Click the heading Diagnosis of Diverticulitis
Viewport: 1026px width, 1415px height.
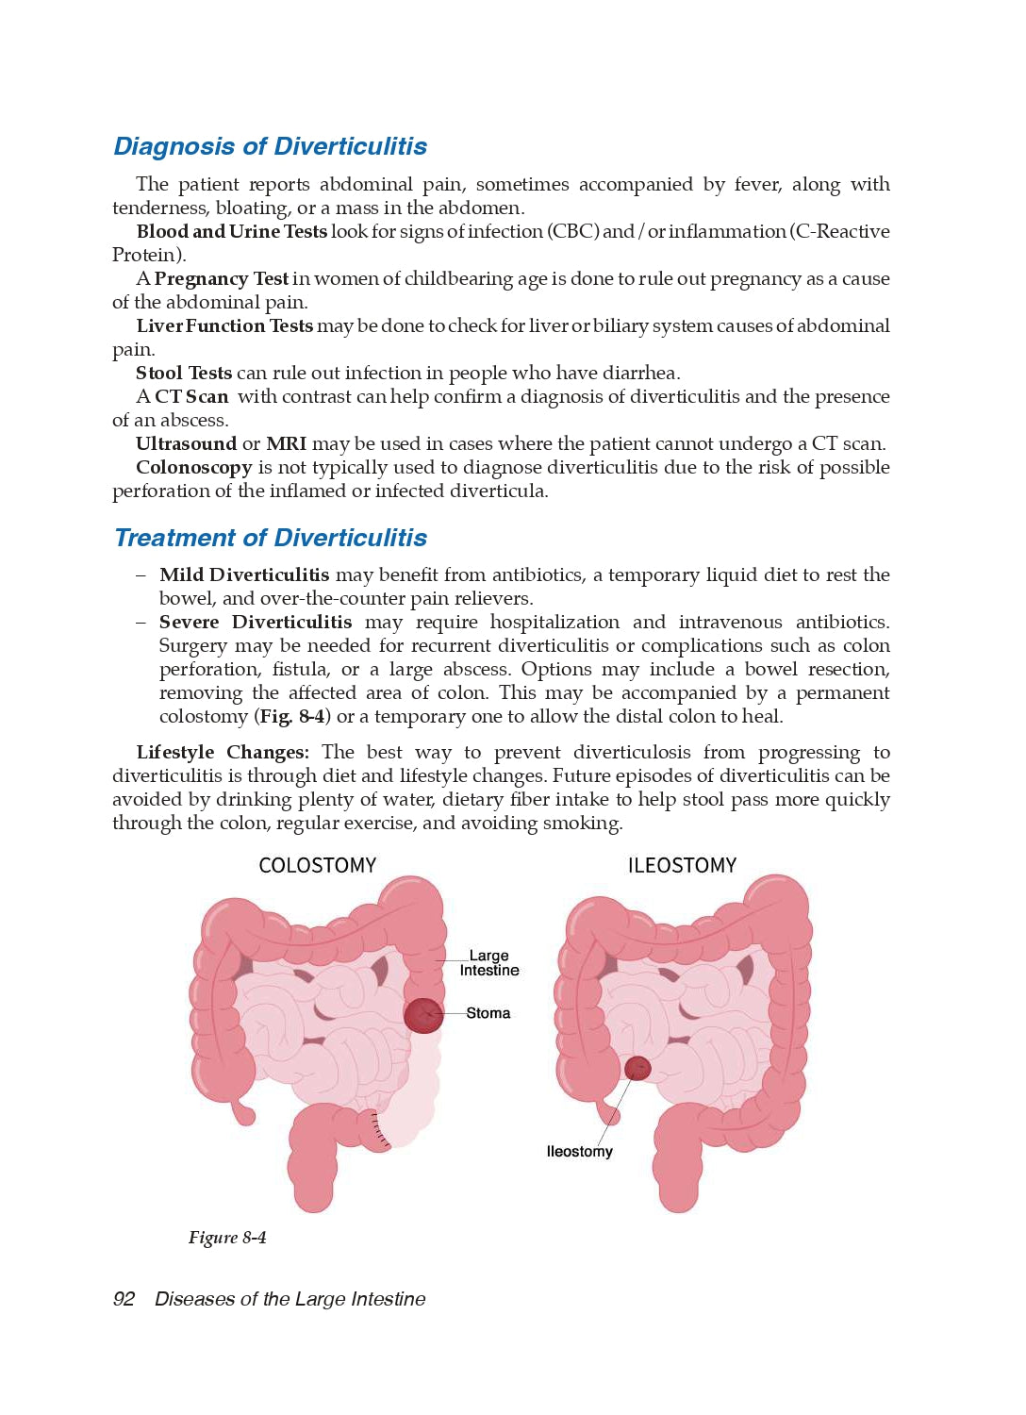click(270, 146)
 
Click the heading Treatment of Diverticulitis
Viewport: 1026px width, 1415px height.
click(270, 538)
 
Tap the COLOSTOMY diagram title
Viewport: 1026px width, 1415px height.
click(317, 865)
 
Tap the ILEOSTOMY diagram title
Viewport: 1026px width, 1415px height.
click(682, 865)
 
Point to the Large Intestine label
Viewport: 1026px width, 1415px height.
click(488, 963)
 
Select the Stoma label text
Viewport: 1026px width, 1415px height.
click(488, 1013)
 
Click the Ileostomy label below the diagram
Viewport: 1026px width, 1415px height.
click(579, 1152)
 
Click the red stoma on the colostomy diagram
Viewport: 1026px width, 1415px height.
click(423, 1015)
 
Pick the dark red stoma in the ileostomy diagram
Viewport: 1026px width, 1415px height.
click(637, 1068)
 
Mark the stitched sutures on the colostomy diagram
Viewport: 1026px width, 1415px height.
click(380, 1130)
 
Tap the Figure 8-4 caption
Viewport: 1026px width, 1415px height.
click(227, 1238)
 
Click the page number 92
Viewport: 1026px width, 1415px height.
click(124, 1299)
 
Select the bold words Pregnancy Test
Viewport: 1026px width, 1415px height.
click(221, 278)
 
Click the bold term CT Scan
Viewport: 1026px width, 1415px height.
click(191, 396)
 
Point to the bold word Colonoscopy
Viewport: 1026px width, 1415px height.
click(193, 467)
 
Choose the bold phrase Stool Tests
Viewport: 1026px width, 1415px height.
click(183, 373)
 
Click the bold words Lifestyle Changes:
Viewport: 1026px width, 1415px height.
click(222, 752)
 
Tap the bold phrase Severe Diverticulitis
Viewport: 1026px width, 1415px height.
click(255, 622)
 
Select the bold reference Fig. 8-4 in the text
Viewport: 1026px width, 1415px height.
click(293, 716)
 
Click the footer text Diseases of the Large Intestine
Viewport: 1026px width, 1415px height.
click(290, 1299)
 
